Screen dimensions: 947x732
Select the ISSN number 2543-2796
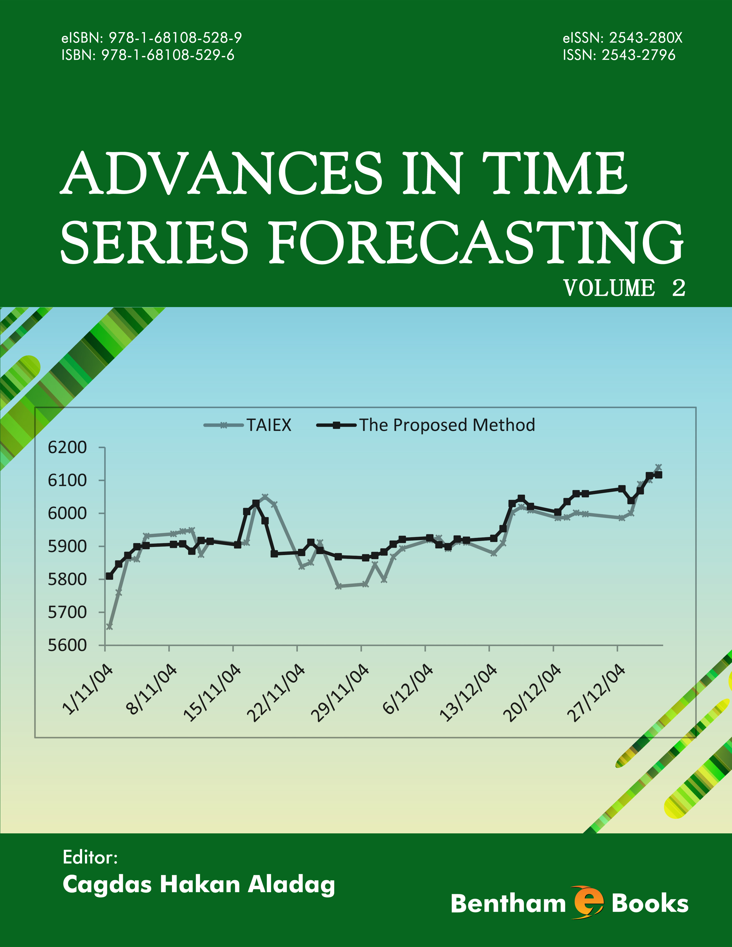pyautogui.click(x=638, y=55)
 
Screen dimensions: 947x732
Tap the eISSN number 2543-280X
pyautogui.click(x=645, y=38)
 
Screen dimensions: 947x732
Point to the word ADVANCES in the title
pyautogui.click(x=221, y=173)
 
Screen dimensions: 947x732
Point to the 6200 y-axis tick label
pyautogui.click(x=67, y=447)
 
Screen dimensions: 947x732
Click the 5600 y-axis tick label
pyautogui.click(x=67, y=645)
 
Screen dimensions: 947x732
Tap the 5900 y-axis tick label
pyautogui.click(x=67, y=546)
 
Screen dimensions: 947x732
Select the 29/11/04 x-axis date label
pyautogui.click(x=342, y=694)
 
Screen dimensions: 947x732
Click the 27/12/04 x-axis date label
pyautogui.click(x=599, y=694)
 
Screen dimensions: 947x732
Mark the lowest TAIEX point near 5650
pyautogui.click(x=109, y=626)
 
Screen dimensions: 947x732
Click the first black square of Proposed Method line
pyautogui.click(x=109, y=576)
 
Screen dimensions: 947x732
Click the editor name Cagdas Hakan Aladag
pyautogui.click(x=199, y=884)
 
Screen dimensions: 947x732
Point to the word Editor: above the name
pyautogui.click(x=90, y=857)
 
